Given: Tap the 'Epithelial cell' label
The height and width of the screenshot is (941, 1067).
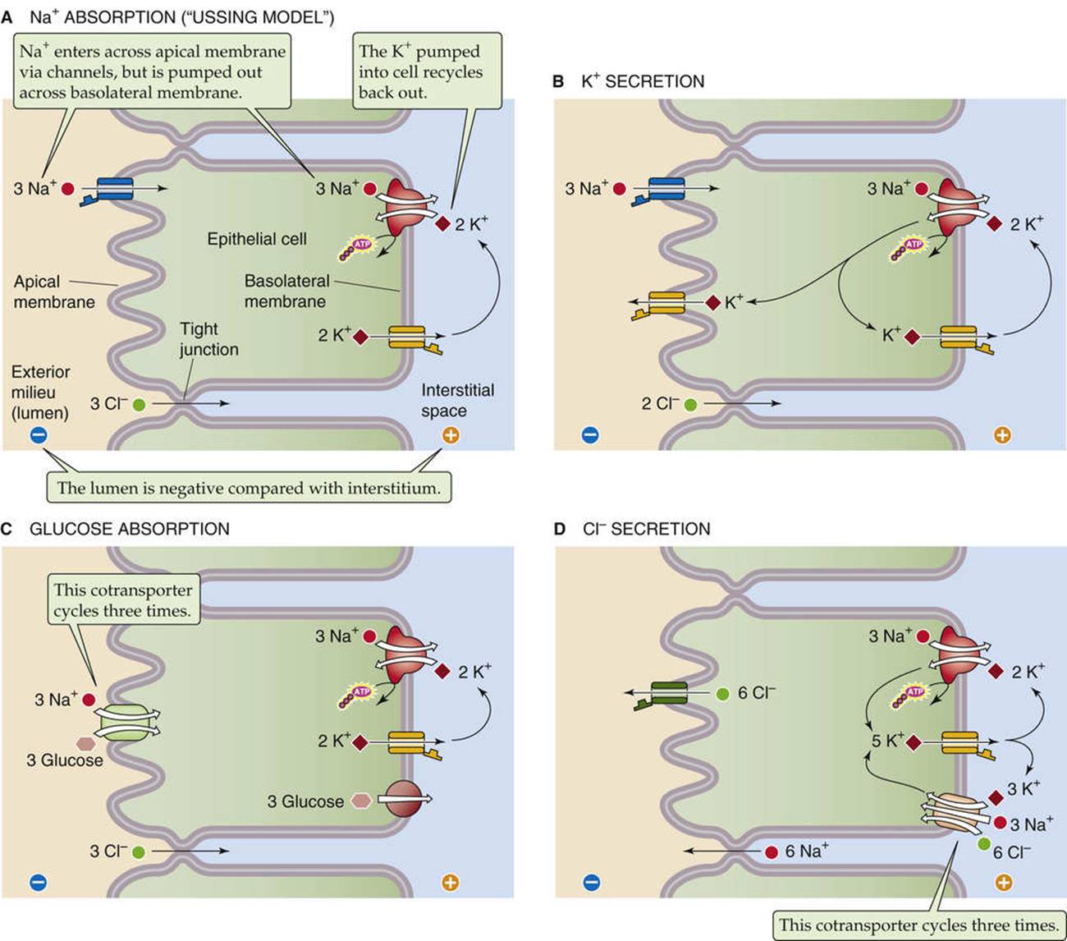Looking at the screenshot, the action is pyautogui.click(x=256, y=239).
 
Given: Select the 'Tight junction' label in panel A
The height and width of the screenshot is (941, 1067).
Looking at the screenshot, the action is pyautogui.click(x=209, y=339).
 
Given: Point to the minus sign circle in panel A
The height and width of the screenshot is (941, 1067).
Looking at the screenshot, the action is pyautogui.click(x=39, y=435).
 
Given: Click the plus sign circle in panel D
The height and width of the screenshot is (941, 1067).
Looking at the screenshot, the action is pyautogui.click(x=1004, y=883).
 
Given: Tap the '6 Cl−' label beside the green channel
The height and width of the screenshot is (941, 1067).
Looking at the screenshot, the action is pyautogui.click(x=757, y=693).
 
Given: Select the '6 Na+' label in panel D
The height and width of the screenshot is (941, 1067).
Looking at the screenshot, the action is pyautogui.click(x=806, y=851).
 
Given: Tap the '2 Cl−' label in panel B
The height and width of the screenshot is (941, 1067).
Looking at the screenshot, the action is pyautogui.click(x=660, y=404).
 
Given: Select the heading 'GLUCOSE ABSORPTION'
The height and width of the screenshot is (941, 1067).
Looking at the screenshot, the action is pyautogui.click(x=130, y=529).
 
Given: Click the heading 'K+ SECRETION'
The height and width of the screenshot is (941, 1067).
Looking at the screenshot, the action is pyautogui.click(x=643, y=81).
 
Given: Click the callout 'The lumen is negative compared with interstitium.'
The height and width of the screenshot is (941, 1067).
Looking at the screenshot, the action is pyautogui.click(x=249, y=488).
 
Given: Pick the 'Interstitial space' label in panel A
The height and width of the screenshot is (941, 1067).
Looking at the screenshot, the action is pyautogui.click(x=457, y=400).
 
